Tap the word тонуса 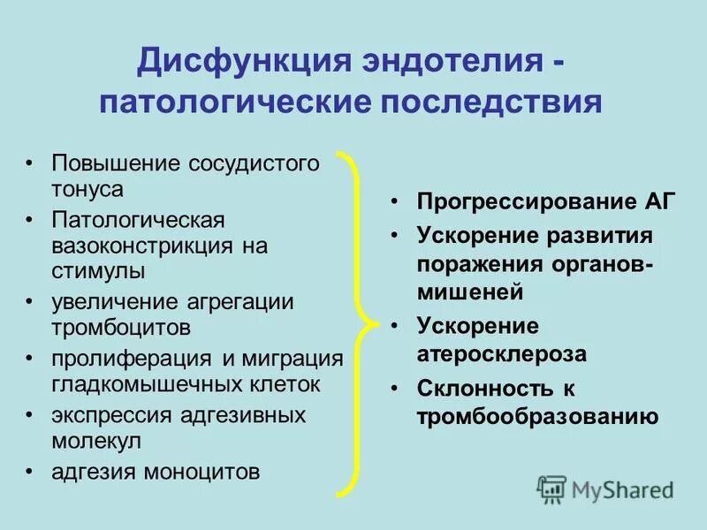click(x=87, y=188)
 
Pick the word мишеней click(x=471, y=291)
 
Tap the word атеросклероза click(x=502, y=353)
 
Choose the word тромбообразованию click(x=538, y=416)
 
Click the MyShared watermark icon click(x=551, y=488)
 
